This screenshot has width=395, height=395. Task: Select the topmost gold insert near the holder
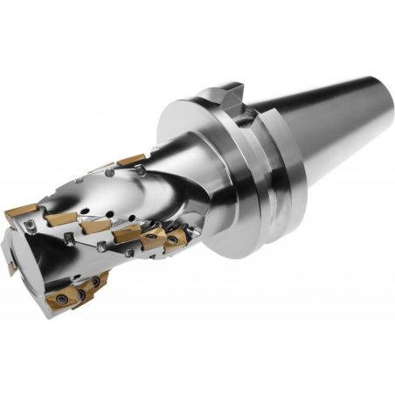tap(131, 160)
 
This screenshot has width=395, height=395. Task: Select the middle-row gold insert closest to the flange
tap(176, 238)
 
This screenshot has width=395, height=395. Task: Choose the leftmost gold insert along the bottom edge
tap(63, 301)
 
